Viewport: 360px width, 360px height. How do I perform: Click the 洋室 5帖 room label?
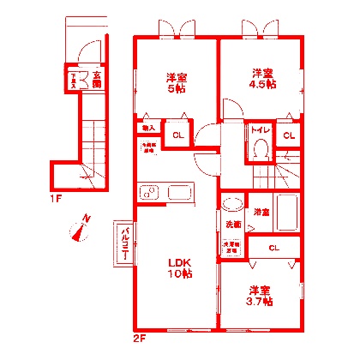click(177, 83)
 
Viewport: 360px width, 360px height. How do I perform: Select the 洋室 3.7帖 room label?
click(261, 296)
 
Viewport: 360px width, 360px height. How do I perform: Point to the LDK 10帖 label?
click(179, 267)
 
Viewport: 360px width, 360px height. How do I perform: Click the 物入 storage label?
click(149, 129)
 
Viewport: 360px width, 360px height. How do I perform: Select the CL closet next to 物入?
click(177, 135)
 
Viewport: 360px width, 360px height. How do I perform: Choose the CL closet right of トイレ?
click(289, 135)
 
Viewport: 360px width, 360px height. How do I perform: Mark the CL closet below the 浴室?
click(273, 248)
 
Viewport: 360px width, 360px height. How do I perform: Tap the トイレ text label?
click(260, 130)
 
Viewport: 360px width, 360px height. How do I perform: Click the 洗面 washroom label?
click(233, 225)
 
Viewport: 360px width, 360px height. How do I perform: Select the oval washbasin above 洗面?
click(230, 205)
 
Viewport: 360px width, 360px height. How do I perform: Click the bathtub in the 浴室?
click(286, 212)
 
